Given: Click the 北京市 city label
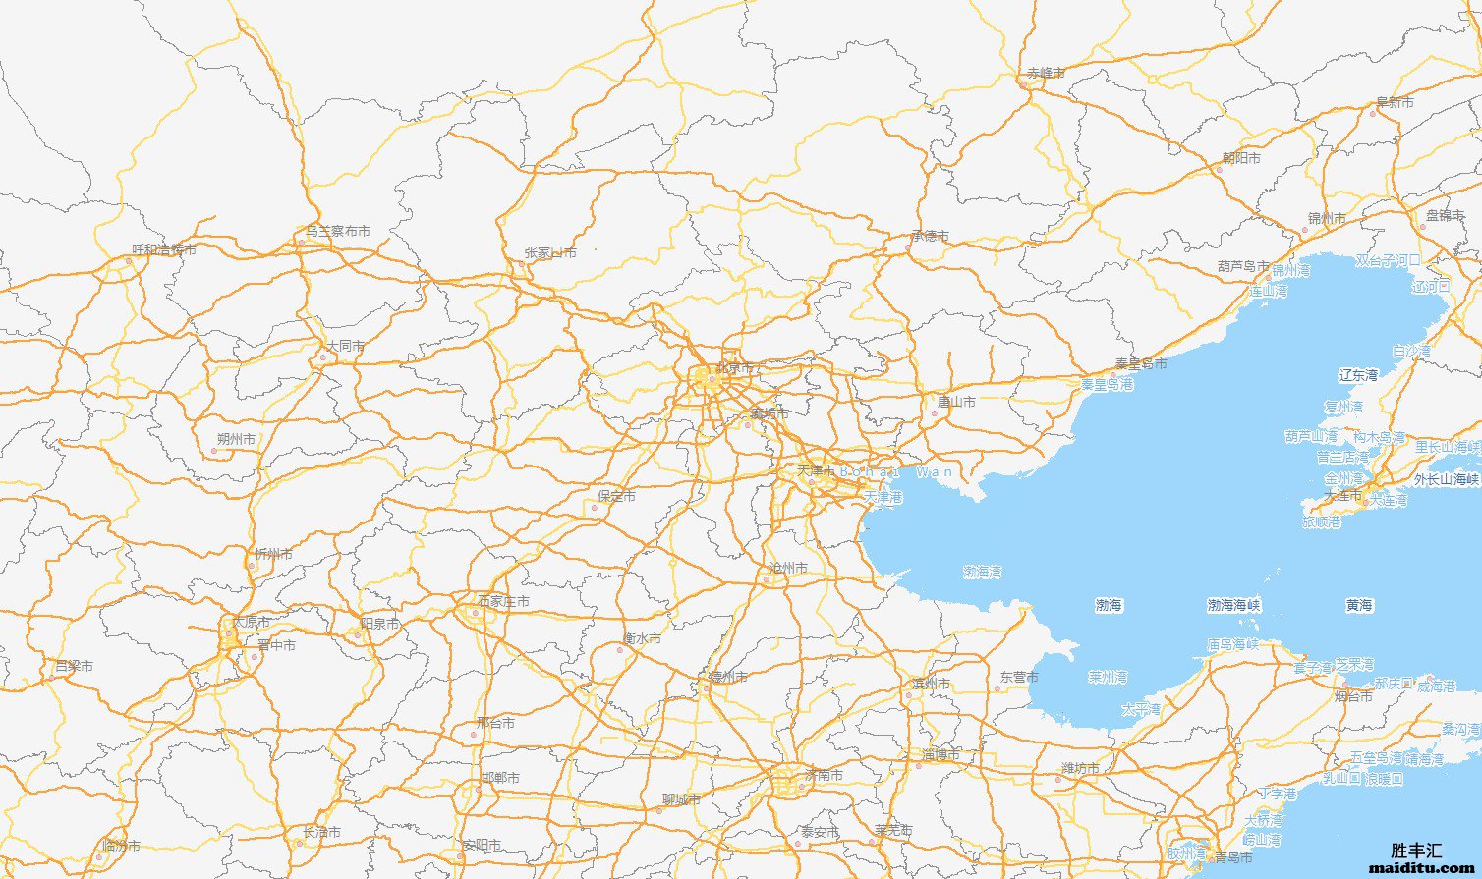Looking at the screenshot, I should click(x=734, y=368).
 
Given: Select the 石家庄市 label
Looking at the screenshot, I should click(x=503, y=601).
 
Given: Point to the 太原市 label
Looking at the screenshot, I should click(x=250, y=623).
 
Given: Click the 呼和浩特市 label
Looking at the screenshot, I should click(x=163, y=249).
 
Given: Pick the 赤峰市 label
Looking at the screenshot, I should click(x=1046, y=73).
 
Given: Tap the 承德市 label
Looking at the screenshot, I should click(x=930, y=236).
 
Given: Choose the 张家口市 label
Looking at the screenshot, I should click(x=549, y=252).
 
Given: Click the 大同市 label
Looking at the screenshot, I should click(x=345, y=346).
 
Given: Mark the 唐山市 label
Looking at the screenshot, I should click(x=956, y=402).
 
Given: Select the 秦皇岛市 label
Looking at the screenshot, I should click(x=1141, y=363).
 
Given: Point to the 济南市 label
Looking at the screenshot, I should click(x=824, y=775).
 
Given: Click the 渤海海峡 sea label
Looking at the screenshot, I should click(x=1233, y=606).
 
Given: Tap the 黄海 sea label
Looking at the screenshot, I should click(x=1359, y=606).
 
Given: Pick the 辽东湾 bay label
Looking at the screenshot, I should click(x=1358, y=374).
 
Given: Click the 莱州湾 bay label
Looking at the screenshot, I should click(x=1107, y=677).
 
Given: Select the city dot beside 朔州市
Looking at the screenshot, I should click(x=213, y=451).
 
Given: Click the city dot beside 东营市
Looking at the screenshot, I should click(x=997, y=688).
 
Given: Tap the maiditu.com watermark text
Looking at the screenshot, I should click(x=1421, y=868).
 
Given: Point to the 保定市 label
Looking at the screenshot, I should click(x=616, y=496).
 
